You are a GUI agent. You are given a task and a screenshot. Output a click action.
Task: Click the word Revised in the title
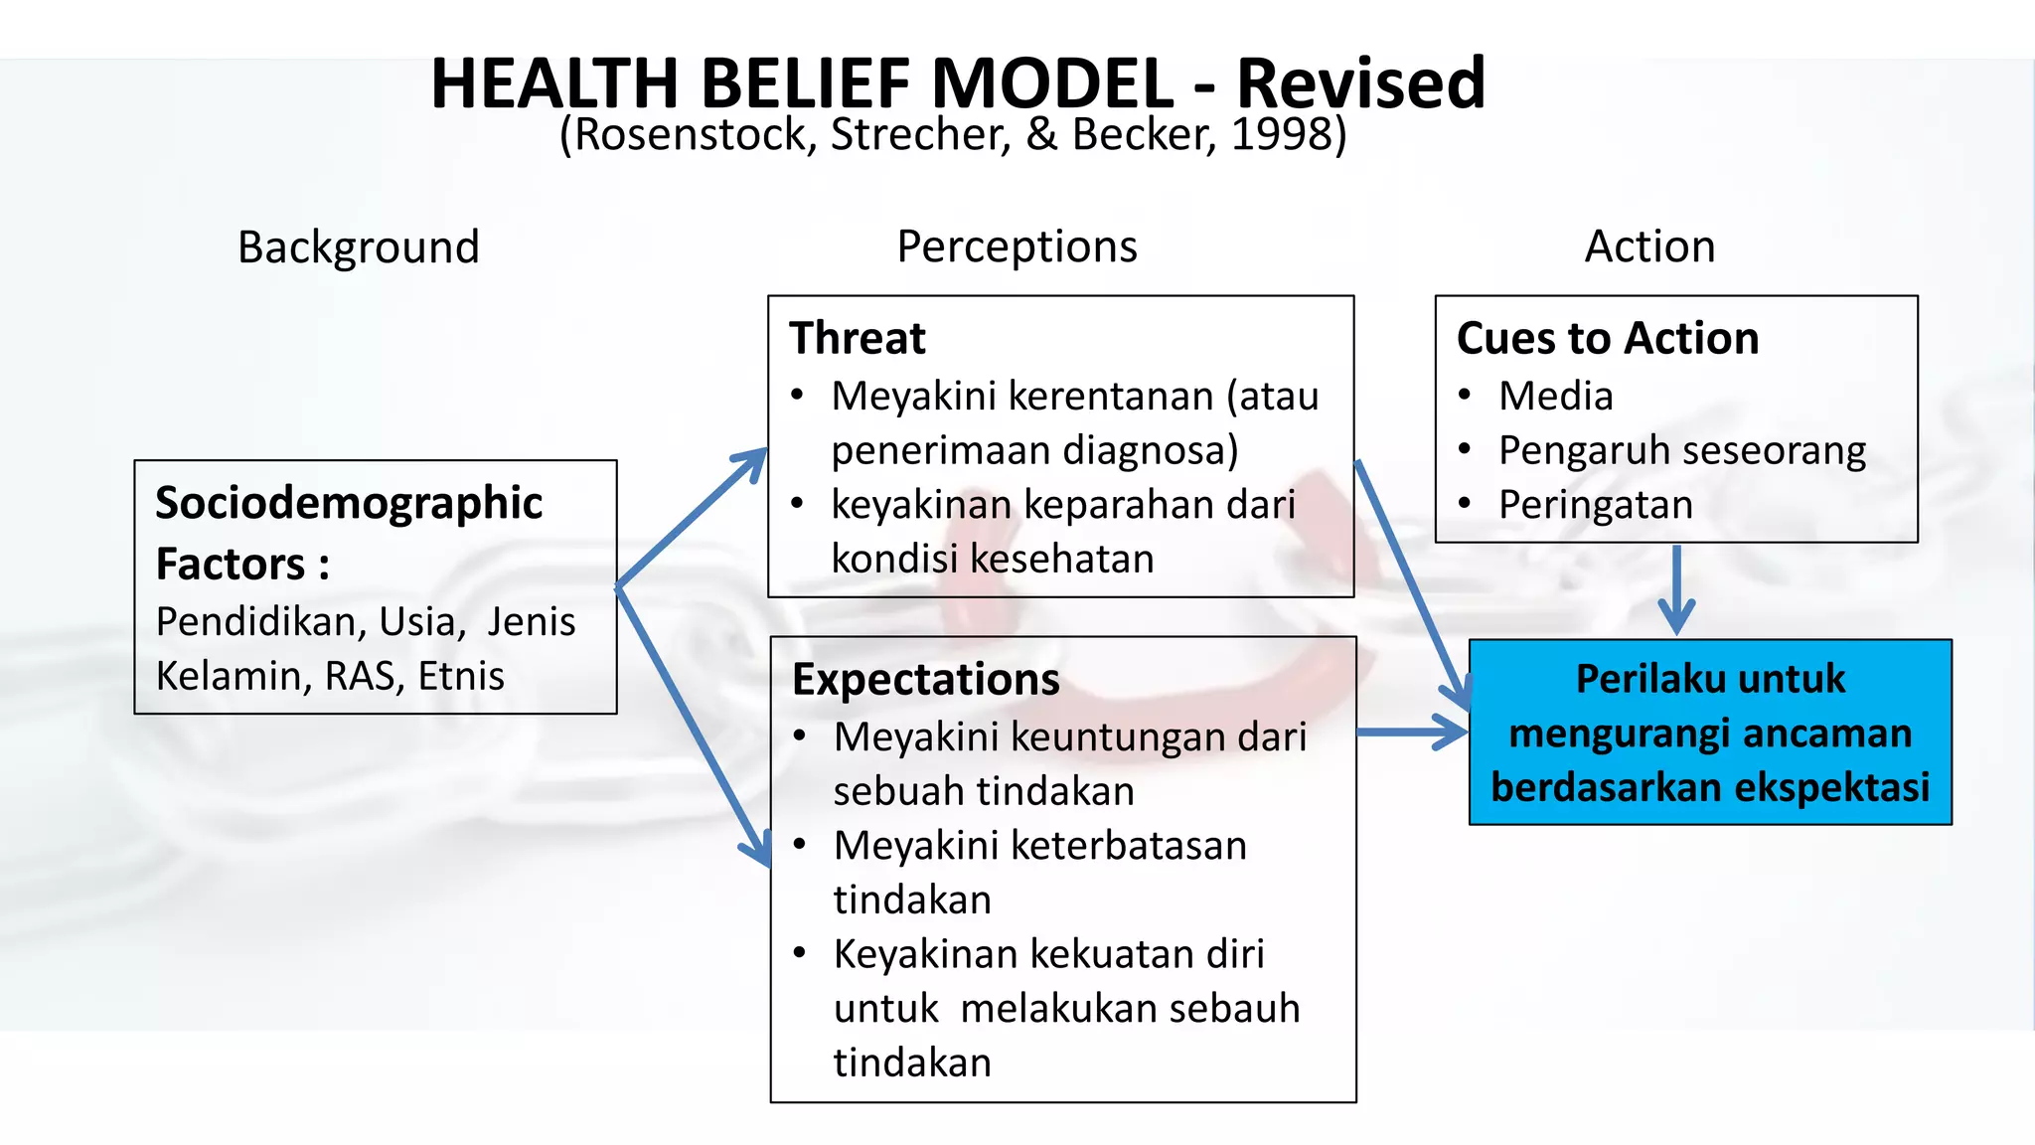1360,83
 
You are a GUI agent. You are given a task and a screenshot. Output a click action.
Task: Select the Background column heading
359,246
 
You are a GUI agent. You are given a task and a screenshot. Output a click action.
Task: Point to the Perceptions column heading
1017,246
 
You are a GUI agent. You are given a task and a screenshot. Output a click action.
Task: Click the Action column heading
1649,246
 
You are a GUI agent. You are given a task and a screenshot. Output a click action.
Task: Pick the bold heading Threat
858,338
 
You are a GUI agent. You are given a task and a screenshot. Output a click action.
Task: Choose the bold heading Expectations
926,680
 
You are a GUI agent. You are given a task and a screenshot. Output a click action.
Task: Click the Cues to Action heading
1608,338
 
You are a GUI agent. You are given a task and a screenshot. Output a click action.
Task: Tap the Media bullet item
1555,397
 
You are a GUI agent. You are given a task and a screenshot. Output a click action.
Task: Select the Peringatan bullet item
1595,505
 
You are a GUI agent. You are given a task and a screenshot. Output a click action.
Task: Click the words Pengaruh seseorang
1681,450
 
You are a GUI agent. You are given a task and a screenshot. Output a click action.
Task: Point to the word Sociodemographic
349,503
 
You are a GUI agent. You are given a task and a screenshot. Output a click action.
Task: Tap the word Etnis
461,676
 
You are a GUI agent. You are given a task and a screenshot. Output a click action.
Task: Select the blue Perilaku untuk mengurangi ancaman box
1710,733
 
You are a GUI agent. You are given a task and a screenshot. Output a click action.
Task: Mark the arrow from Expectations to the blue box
1411,733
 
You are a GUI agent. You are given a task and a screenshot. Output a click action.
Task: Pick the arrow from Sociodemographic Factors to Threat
692,518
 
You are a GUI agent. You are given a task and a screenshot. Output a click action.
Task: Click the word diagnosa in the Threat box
1150,450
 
